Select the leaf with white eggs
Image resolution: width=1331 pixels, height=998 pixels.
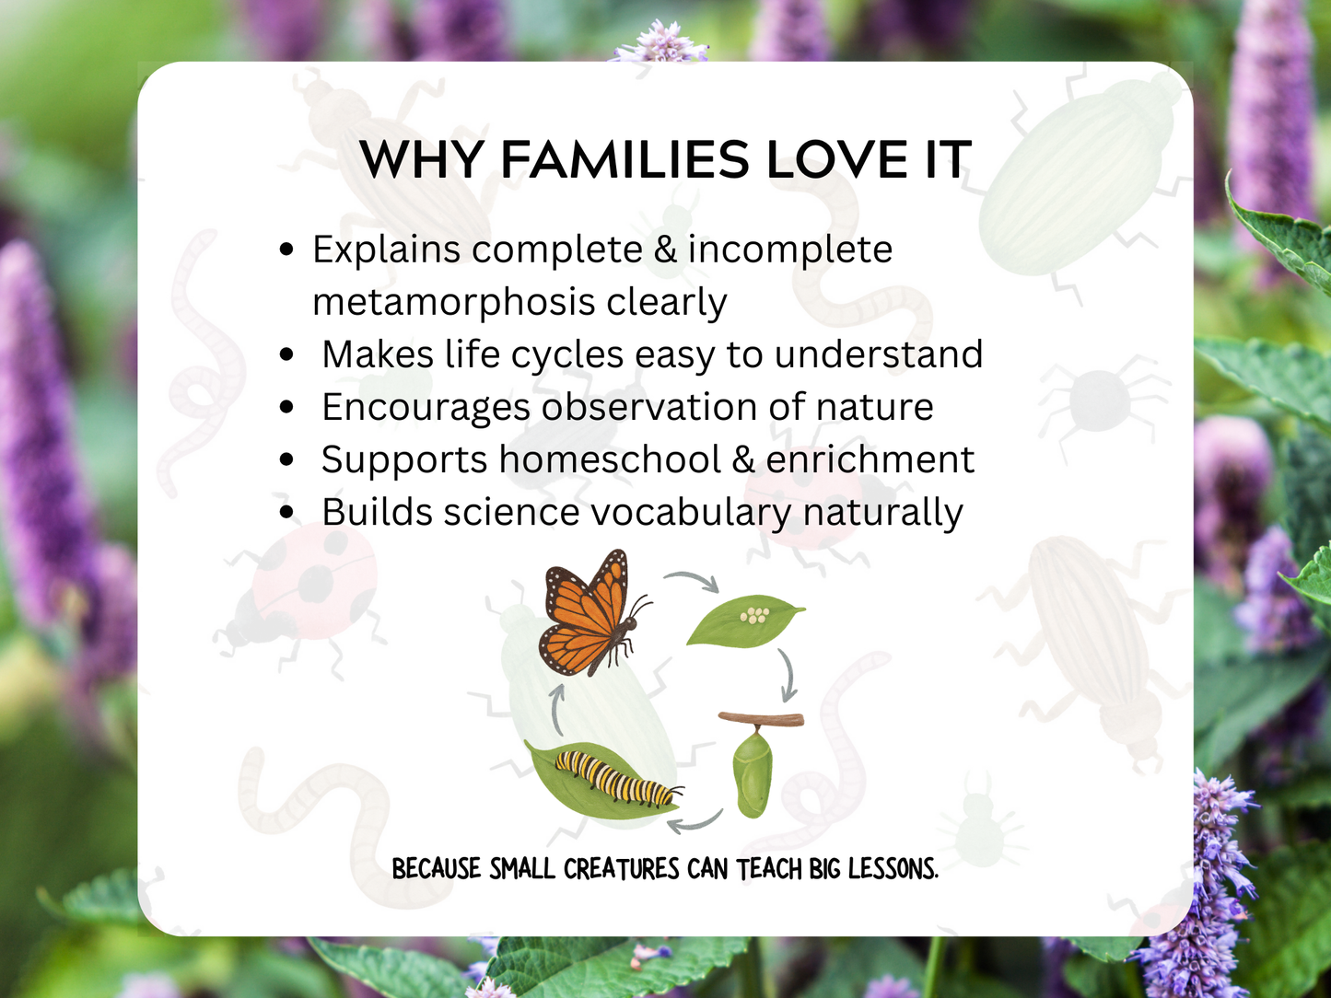(x=744, y=621)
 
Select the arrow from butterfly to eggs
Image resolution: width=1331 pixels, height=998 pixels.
(x=694, y=580)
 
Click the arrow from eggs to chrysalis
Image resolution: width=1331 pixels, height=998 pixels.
(x=786, y=675)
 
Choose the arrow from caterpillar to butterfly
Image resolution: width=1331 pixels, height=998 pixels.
(x=557, y=710)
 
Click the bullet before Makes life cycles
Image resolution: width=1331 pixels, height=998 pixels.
(x=287, y=354)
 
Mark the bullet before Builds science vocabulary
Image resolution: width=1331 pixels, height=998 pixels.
(x=287, y=513)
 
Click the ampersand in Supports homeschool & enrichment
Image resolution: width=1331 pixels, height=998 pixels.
(x=743, y=459)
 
